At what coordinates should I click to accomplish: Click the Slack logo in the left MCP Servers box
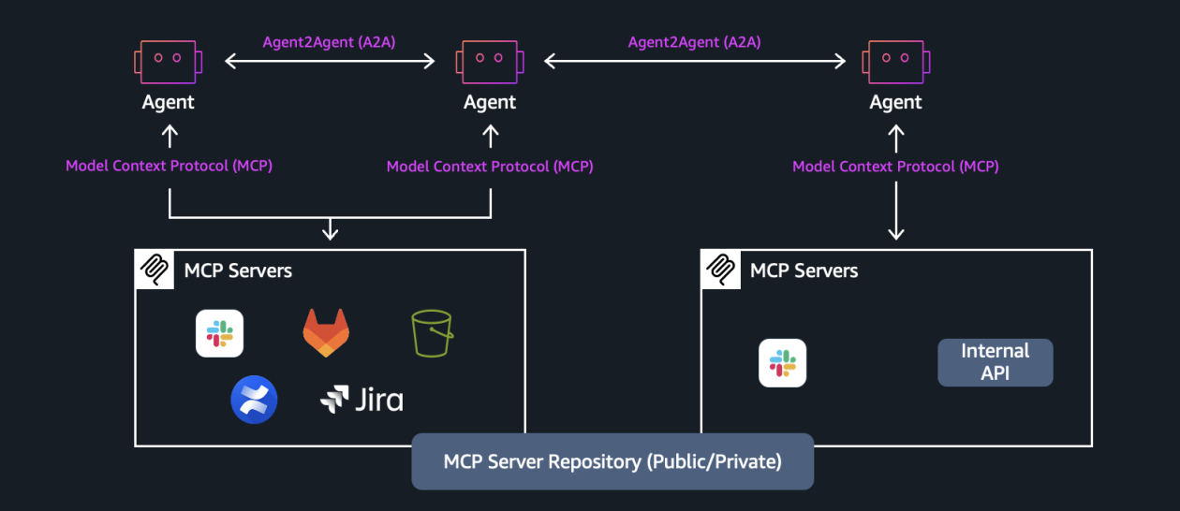tap(219, 333)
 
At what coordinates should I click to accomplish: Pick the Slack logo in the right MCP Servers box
tap(782, 363)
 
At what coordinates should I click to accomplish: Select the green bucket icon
tap(432, 333)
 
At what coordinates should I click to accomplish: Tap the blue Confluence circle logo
tap(254, 400)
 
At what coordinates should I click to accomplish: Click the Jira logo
tap(361, 400)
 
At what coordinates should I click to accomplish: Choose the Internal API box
tap(995, 362)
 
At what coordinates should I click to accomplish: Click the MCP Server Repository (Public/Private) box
tap(612, 461)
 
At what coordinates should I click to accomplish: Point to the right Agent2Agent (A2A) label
tap(694, 42)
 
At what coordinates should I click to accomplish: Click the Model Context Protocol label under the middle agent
tap(490, 167)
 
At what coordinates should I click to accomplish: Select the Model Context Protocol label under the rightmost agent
tap(895, 167)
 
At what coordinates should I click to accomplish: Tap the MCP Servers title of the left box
tap(238, 270)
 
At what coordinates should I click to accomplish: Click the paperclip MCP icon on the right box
tap(719, 269)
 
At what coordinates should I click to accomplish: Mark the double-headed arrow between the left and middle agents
tap(330, 62)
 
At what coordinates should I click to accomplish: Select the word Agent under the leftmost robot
tap(169, 102)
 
